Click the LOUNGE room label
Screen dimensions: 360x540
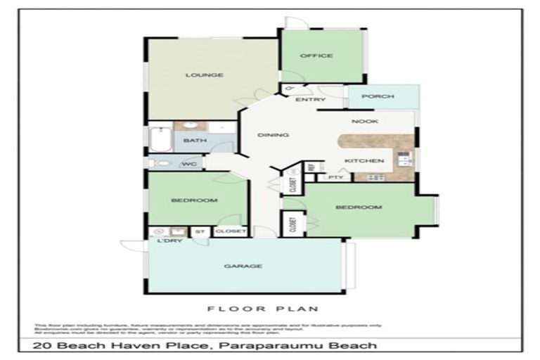205,75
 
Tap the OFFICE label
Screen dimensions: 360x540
316,56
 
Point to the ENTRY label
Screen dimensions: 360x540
310,100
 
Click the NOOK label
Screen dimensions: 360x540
366,121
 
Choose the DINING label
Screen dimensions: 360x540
271,135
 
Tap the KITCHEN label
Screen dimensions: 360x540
364,161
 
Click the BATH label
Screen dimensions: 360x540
195,141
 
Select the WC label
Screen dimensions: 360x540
189,165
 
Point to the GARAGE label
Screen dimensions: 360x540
243,266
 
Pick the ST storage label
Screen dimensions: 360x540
200,231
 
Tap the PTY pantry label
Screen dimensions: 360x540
335,177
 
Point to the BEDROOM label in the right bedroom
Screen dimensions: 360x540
358,207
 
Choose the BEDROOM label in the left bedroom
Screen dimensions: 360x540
194,200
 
